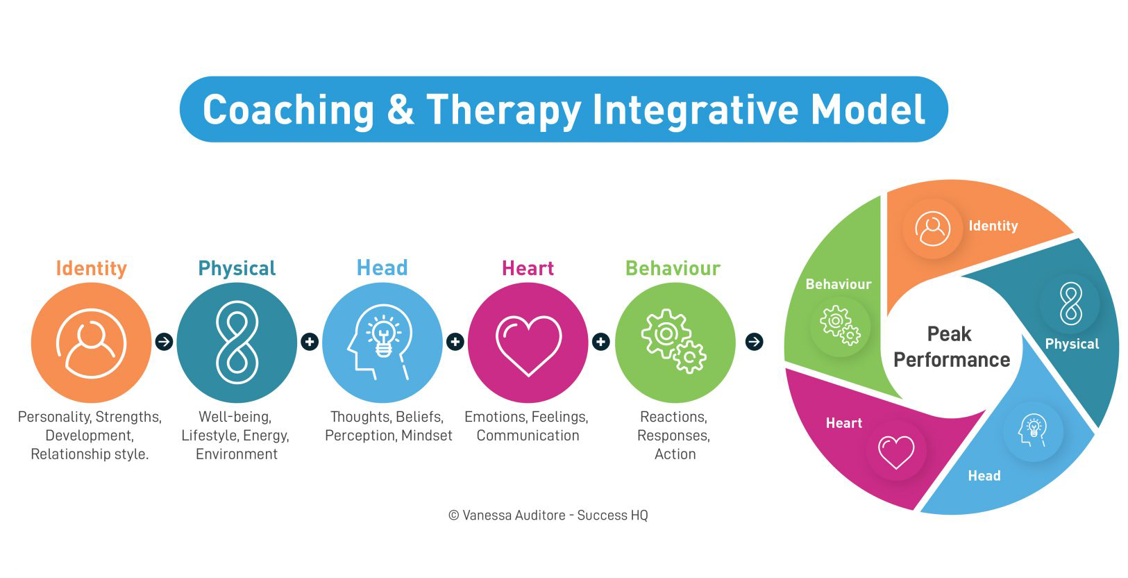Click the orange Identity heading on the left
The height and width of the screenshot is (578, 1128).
[91, 268]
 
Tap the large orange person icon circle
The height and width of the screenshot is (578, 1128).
[91, 342]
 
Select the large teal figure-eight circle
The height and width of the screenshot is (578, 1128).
[237, 342]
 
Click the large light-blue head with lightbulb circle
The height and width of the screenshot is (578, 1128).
[382, 342]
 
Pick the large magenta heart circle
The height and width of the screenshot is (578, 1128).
[528, 342]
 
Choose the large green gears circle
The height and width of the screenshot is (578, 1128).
[674, 342]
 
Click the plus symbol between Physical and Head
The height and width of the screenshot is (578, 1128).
[310, 342]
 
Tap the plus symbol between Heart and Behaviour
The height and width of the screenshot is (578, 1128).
[601, 342]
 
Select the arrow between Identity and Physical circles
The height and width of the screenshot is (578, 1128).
[164, 342]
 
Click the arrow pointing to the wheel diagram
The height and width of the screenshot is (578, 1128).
[754, 342]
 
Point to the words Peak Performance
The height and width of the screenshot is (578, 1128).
[951, 347]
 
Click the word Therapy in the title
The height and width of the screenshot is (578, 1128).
[503, 110]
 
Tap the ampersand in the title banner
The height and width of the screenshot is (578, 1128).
[400, 110]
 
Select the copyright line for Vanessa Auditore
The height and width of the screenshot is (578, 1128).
[548, 515]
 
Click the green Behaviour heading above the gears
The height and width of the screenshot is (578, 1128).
[673, 268]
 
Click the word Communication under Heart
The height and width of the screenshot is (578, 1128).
[528, 436]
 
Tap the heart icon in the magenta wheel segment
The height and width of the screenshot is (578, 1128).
[896, 452]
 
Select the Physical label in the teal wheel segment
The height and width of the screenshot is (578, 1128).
[1072, 344]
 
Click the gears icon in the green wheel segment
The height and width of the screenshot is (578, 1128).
[840, 325]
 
